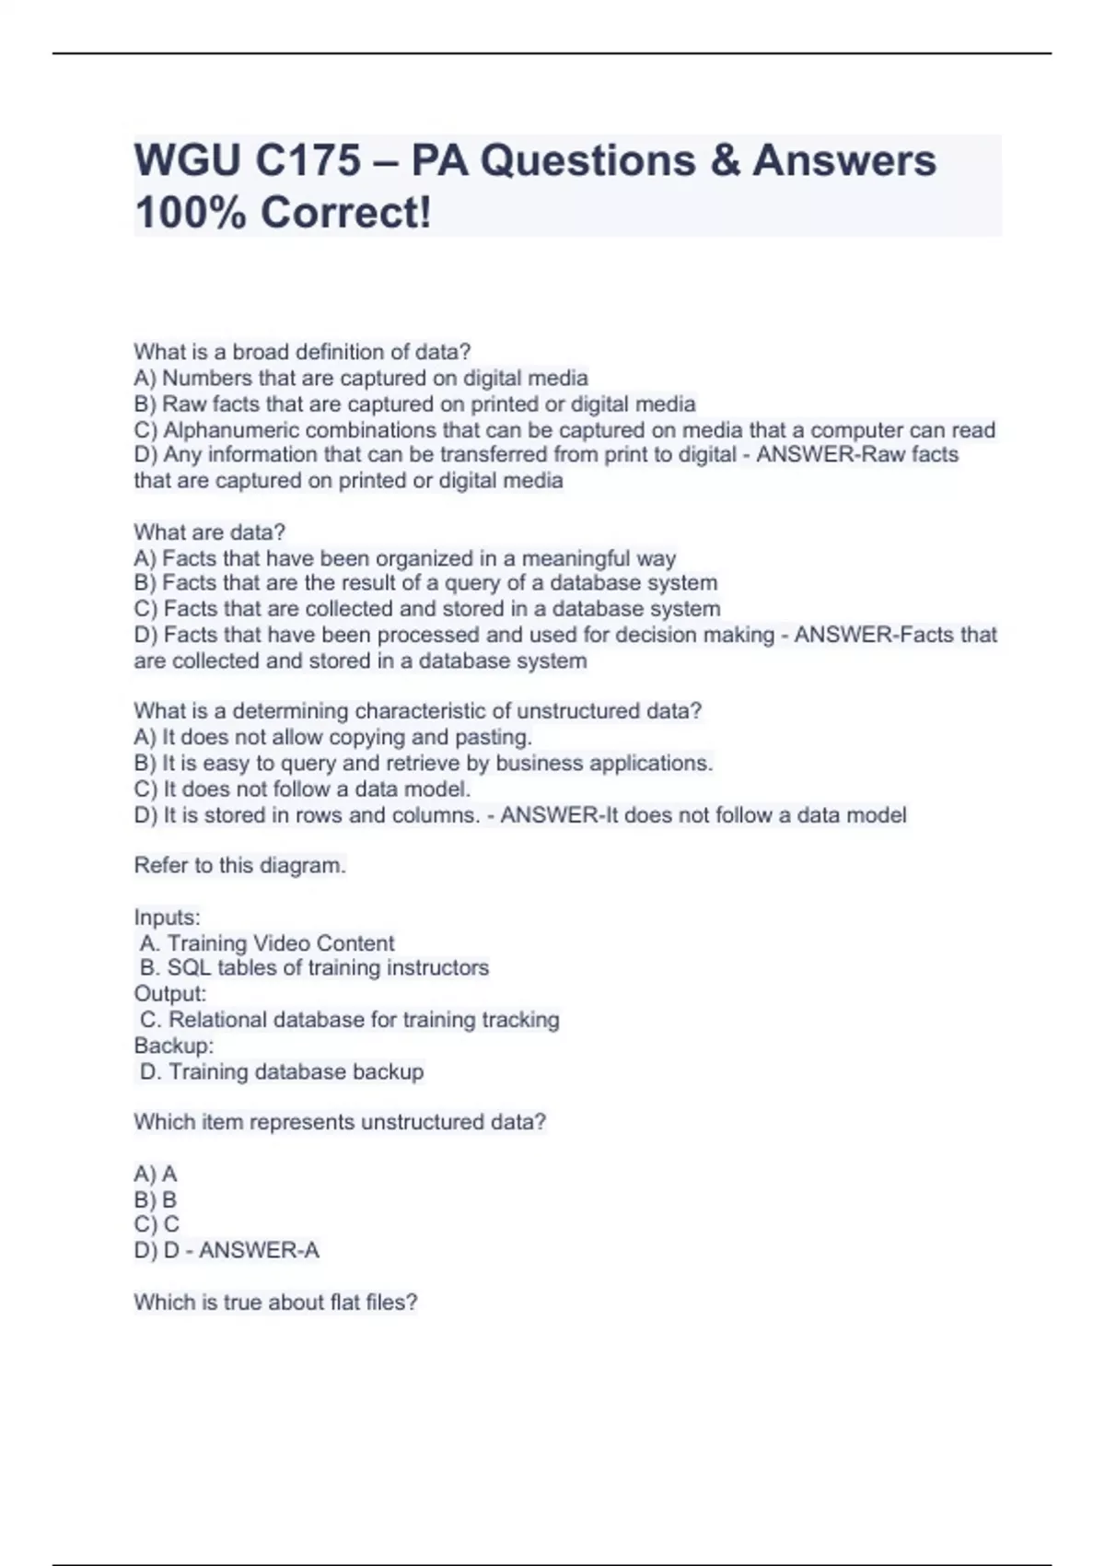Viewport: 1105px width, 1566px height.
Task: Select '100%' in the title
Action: [191, 214]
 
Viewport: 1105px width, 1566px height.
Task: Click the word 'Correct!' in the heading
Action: [345, 214]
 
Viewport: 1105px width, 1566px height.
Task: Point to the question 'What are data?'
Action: [210, 532]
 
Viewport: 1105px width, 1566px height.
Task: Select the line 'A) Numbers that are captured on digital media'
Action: [361, 379]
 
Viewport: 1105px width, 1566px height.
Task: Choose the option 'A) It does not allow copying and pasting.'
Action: [333, 737]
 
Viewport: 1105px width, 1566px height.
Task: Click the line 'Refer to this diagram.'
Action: [239, 866]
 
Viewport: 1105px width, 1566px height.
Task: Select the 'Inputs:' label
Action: [167, 917]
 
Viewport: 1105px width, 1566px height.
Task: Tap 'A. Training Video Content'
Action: [267, 943]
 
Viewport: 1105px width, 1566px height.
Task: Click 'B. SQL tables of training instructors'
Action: [314, 968]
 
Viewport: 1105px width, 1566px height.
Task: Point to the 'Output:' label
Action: [170, 994]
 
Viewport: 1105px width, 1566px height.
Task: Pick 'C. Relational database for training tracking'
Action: [350, 1020]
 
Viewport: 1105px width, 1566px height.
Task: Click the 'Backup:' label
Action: [174, 1046]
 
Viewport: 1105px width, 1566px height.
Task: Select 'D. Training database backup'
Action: [282, 1071]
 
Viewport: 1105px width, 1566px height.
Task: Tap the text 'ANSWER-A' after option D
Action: [259, 1250]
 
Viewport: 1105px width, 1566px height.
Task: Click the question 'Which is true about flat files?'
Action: [275, 1303]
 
